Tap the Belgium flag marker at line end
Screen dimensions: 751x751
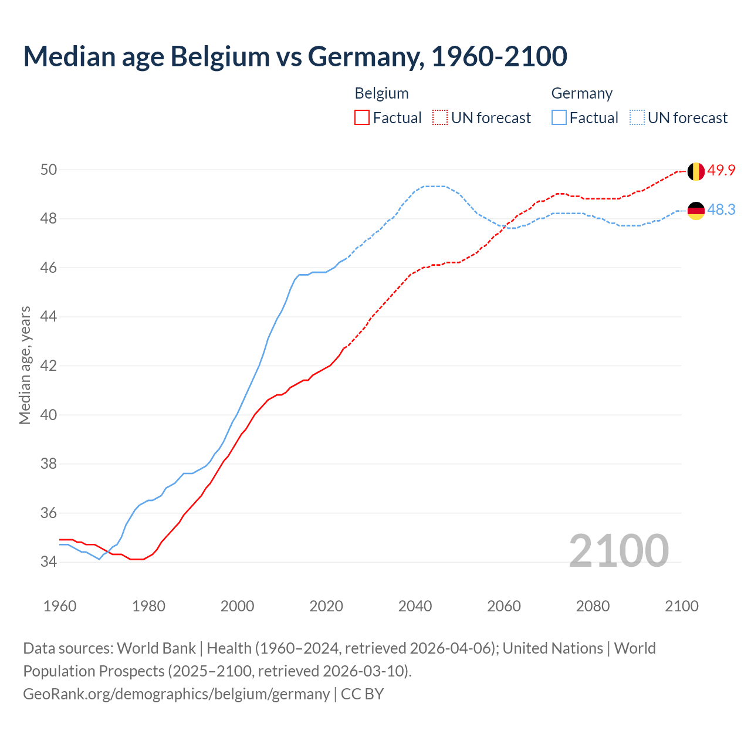[x=696, y=171]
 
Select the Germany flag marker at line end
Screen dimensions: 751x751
[x=696, y=211]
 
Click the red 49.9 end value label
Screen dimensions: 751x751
[x=721, y=171]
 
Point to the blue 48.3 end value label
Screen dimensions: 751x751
[x=721, y=210]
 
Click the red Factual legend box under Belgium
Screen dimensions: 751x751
[x=362, y=118]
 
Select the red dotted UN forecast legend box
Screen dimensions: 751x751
[x=440, y=118]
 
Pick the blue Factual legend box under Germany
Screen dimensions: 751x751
[x=559, y=118]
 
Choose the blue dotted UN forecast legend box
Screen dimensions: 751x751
[x=637, y=118]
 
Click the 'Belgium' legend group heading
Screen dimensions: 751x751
[x=381, y=93]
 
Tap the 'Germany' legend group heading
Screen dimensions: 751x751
[x=581, y=93]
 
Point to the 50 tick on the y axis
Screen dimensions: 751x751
[x=49, y=170]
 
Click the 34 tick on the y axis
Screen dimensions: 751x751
[x=49, y=562]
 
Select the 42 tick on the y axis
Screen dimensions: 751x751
[x=49, y=366]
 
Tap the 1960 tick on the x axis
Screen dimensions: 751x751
[x=60, y=606]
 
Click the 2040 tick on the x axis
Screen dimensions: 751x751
[x=415, y=606]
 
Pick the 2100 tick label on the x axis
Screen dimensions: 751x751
[x=681, y=606]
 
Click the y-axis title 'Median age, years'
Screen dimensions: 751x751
[x=25, y=365]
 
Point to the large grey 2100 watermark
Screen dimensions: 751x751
[x=618, y=551]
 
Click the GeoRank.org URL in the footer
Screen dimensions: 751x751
[x=176, y=694]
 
